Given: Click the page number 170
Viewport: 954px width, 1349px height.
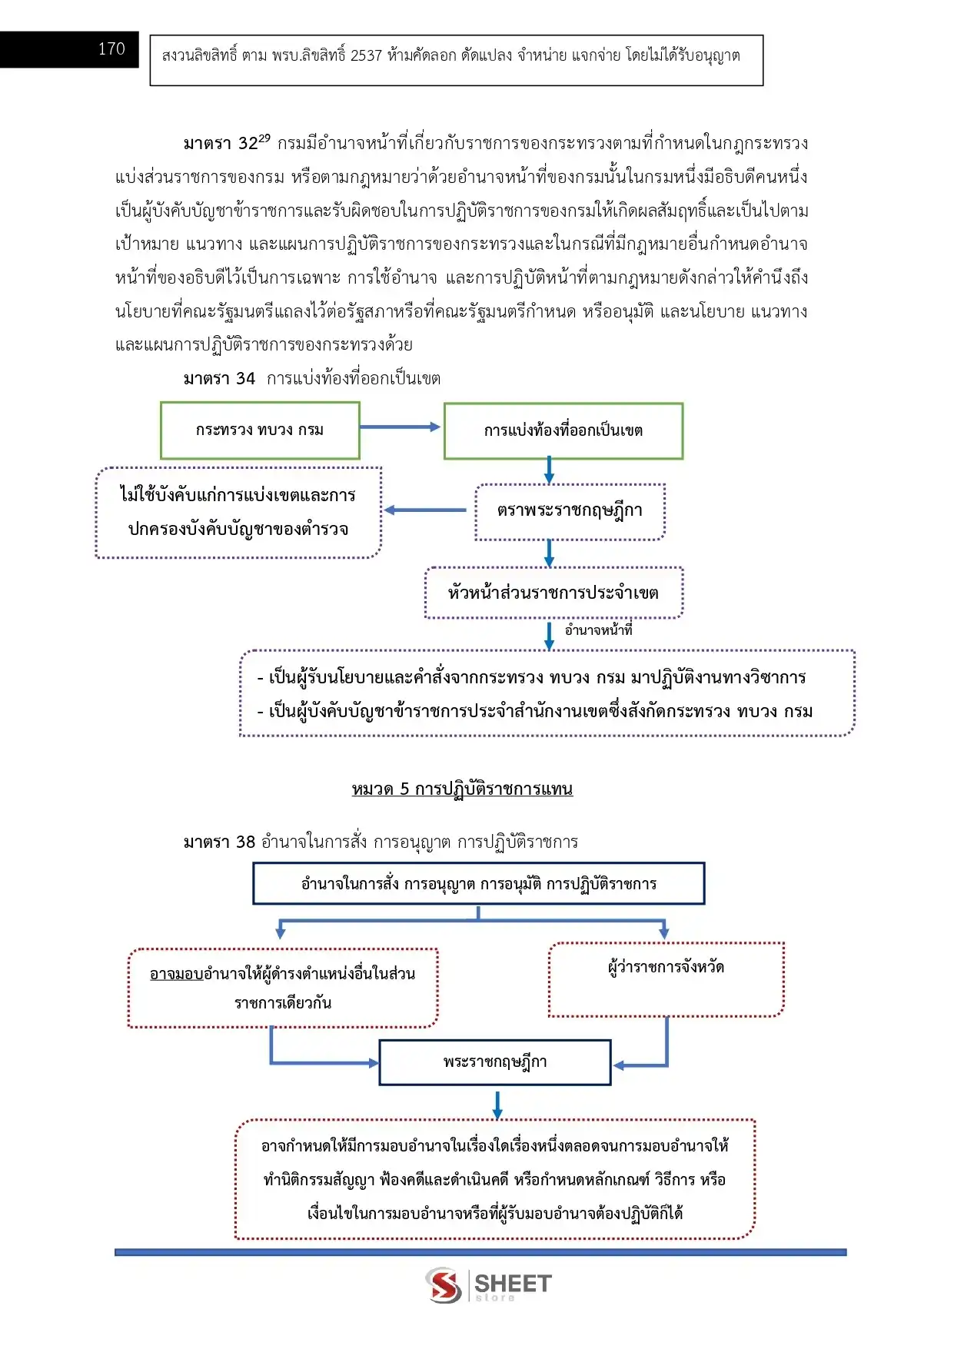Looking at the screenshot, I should (x=111, y=49).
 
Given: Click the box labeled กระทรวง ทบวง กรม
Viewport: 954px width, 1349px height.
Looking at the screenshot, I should (x=260, y=430).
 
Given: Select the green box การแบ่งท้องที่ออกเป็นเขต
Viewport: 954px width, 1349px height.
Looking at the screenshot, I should (x=563, y=431).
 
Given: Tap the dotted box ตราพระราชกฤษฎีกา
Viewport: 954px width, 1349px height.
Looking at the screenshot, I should (x=570, y=511).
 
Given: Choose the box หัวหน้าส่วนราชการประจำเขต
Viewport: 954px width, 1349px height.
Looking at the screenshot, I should (x=553, y=593).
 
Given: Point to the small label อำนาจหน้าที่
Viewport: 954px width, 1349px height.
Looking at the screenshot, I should (x=598, y=630).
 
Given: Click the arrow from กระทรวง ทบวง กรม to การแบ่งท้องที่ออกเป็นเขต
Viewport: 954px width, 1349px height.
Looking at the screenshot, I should (x=400, y=427).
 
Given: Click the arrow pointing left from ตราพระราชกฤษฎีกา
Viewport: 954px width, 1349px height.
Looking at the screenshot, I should (x=425, y=510).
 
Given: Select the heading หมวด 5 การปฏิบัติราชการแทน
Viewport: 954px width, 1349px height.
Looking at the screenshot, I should (x=462, y=789).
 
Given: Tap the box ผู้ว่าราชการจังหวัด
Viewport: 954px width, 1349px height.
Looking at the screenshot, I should (x=666, y=979).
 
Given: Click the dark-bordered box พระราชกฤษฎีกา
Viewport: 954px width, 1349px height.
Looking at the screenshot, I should (x=495, y=1062).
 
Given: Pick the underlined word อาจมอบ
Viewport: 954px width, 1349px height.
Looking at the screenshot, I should (x=176, y=974).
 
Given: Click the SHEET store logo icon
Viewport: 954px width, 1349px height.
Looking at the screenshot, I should (x=444, y=1285).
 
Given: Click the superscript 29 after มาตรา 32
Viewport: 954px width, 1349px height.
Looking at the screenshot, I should (x=264, y=138).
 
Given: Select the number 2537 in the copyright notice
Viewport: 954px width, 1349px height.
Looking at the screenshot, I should (x=366, y=55).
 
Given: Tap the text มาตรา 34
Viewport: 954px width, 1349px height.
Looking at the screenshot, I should (x=219, y=378).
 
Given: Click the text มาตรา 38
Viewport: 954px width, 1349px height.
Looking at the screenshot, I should (x=219, y=842).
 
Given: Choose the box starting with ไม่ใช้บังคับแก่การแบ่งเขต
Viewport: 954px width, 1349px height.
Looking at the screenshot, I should (x=238, y=512).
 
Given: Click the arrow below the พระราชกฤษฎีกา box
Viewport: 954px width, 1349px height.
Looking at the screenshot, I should (x=497, y=1105).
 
